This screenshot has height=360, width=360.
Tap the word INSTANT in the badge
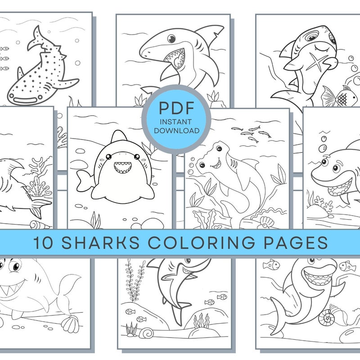tap(176, 121)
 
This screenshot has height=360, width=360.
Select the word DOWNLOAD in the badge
tap(176, 130)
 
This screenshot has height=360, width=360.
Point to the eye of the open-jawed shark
tap(171, 39)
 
